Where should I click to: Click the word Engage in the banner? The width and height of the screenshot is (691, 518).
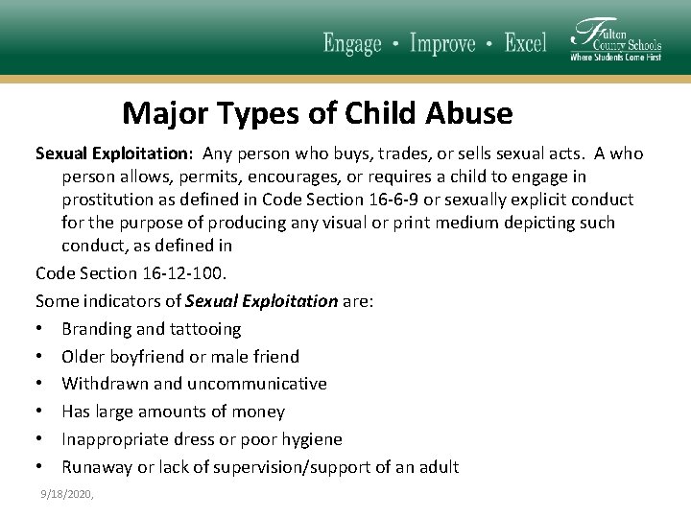pos(352,43)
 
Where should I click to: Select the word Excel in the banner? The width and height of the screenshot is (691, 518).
pos(525,43)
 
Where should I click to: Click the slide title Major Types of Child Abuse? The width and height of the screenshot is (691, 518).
pos(318,113)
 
